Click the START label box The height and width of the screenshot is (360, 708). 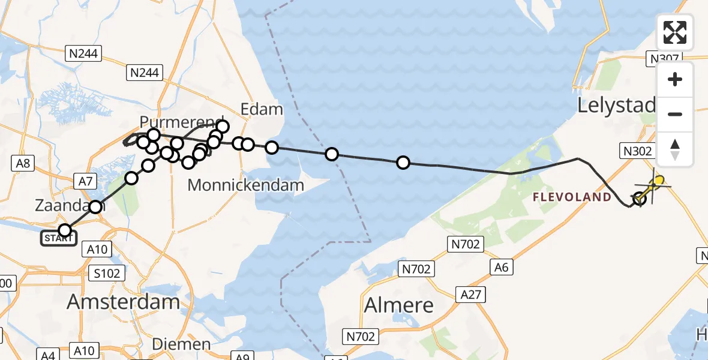(x=59, y=239)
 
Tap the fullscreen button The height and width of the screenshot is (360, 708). (x=675, y=32)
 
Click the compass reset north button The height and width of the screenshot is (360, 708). (x=675, y=149)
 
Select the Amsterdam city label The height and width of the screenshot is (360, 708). (x=123, y=302)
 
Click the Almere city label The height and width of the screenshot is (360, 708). (x=399, y=305)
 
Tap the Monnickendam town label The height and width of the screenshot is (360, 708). (x=245, y=185)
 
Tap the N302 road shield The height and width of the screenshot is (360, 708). (x=637, y=151)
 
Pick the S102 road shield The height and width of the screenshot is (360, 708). (x=108, y=274)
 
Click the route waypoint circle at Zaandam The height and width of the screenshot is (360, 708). (x=96, y=208)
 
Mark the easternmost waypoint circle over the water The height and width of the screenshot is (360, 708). (x=403, y=163)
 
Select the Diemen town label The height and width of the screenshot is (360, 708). (x=181, y=345)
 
